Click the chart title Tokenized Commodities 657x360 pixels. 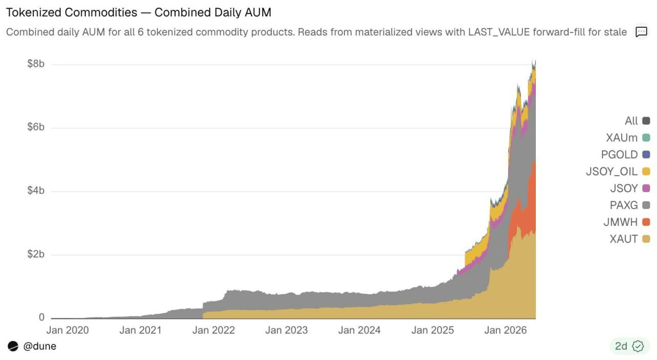coord(71,13)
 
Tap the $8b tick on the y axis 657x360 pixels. coord(36,64)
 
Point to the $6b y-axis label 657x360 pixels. coord(36,127)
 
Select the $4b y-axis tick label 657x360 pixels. coord(36,191)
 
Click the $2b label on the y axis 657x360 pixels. coord(36,254)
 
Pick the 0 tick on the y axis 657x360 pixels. coord(42,317)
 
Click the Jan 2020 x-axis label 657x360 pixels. coord(67,330)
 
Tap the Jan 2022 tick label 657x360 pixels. coord(214,330)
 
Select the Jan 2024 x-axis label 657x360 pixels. coord(359,330)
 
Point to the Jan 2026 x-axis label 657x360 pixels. coord(506,330)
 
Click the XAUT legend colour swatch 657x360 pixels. coord(646,239)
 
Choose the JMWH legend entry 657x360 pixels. coord(627,222)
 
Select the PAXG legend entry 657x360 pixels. coord(630,205)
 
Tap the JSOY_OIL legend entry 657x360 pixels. coord(617,172)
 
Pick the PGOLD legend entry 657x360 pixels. coord(625,155)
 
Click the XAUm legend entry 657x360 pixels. coord(628,138)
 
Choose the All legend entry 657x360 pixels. coord(637,121)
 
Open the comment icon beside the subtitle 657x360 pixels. coord(641,32)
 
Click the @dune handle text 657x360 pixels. coord(40,347)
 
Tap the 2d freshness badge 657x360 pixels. coord(629,346)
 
